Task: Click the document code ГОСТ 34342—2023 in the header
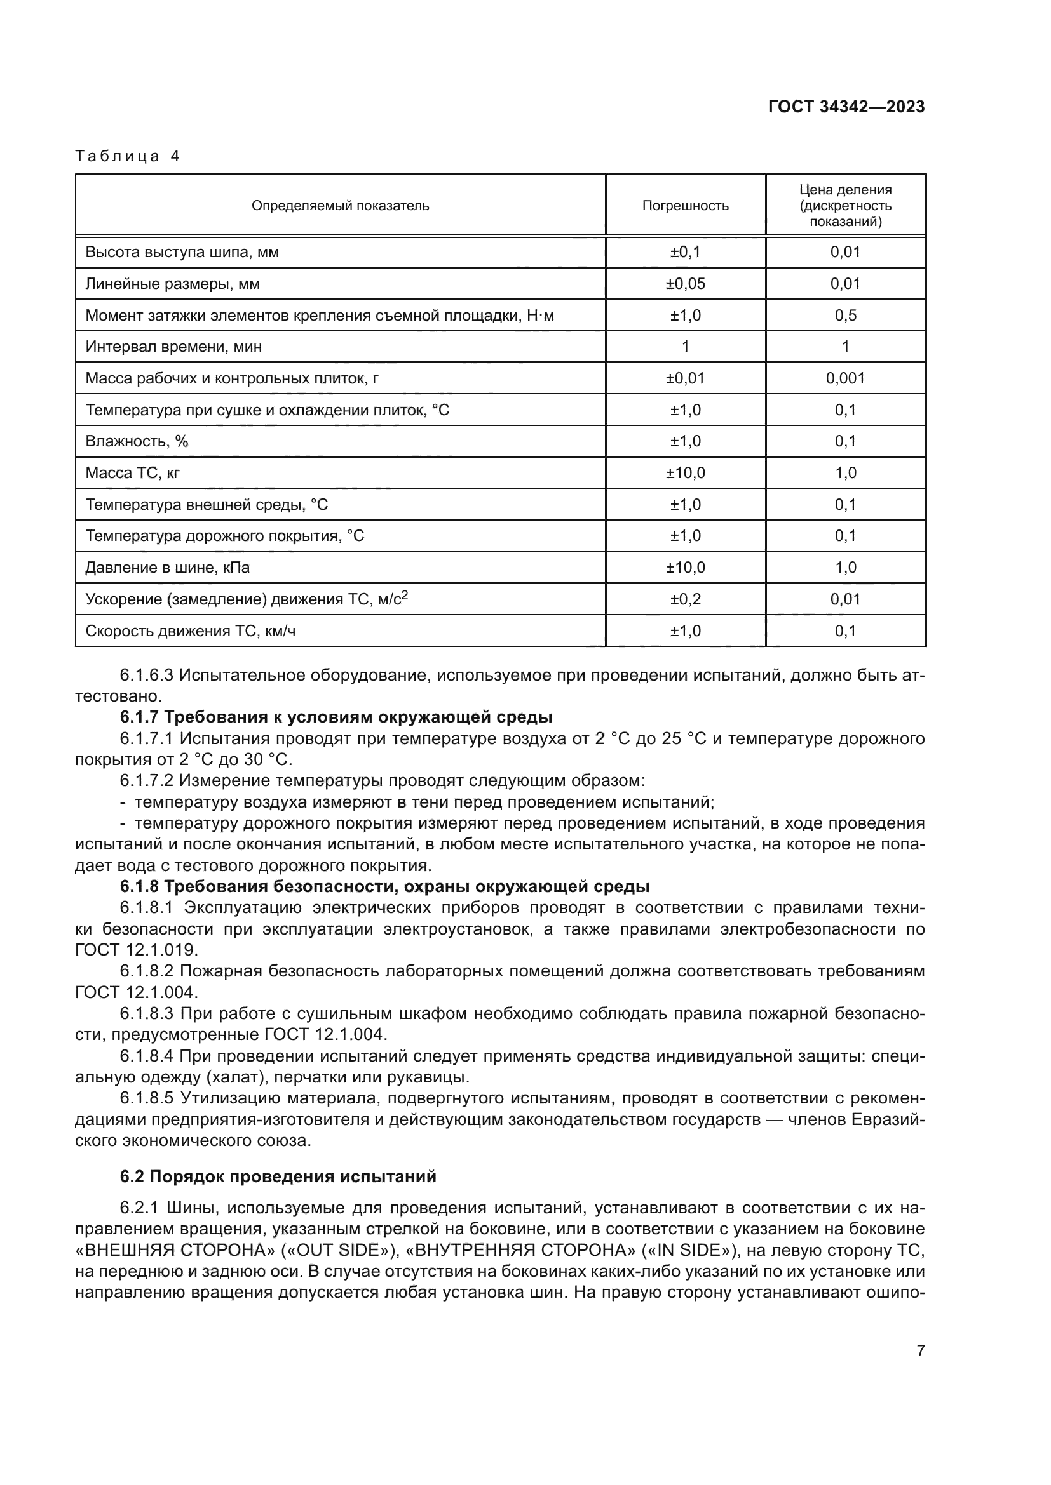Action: (x=846, y=107)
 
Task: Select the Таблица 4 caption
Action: (x=128, y=156)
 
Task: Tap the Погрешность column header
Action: (x=686, y=206)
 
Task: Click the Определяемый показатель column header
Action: (x=341, y=206)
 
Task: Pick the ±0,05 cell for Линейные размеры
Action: (x=686, y=283)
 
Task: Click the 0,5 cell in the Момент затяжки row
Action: (x=845, y=315)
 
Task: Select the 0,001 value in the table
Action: (x=845, y=378)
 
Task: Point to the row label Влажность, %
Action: (x=137, y=441)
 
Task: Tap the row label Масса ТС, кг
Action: (x=133, y=473)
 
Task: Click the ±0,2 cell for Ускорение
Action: (x=686, y=599)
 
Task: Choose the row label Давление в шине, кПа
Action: (x=168, y=567)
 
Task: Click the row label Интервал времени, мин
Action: (x=173, y=347)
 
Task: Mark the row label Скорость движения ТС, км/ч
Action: (x=190, y=630)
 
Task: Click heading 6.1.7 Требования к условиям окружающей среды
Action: (x=336, y=717)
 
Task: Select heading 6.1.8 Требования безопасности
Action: (x=384, y=886)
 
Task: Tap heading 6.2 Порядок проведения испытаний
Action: (x=278, y=1176)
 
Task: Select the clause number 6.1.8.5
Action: (x=146, y=1098)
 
